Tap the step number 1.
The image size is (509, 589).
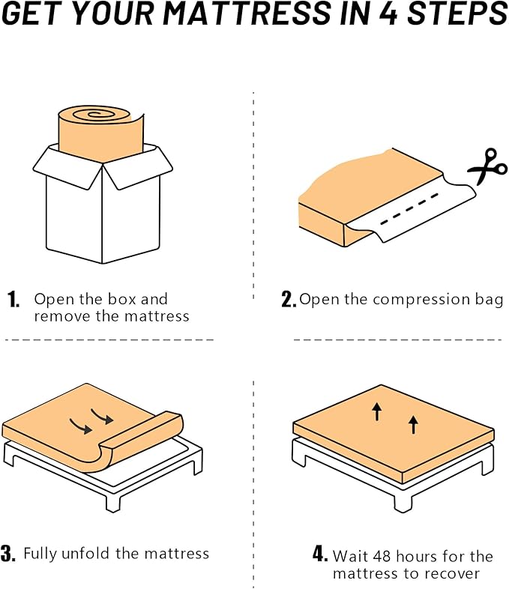pyautogui.click(x=13, y=300)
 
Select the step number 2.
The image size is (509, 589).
pyautogui.click(x=289, y=300)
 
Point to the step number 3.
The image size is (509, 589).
pyautogui.click(x=8, y=555)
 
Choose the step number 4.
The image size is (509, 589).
pyautogui.click(x=320, y=555)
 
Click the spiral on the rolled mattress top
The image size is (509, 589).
pyautogui.click(x=94, y=116)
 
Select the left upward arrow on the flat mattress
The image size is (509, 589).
pyautogui.click(x=377, y=410)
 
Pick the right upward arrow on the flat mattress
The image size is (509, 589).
pyautogui.click(x=413, y=425)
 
